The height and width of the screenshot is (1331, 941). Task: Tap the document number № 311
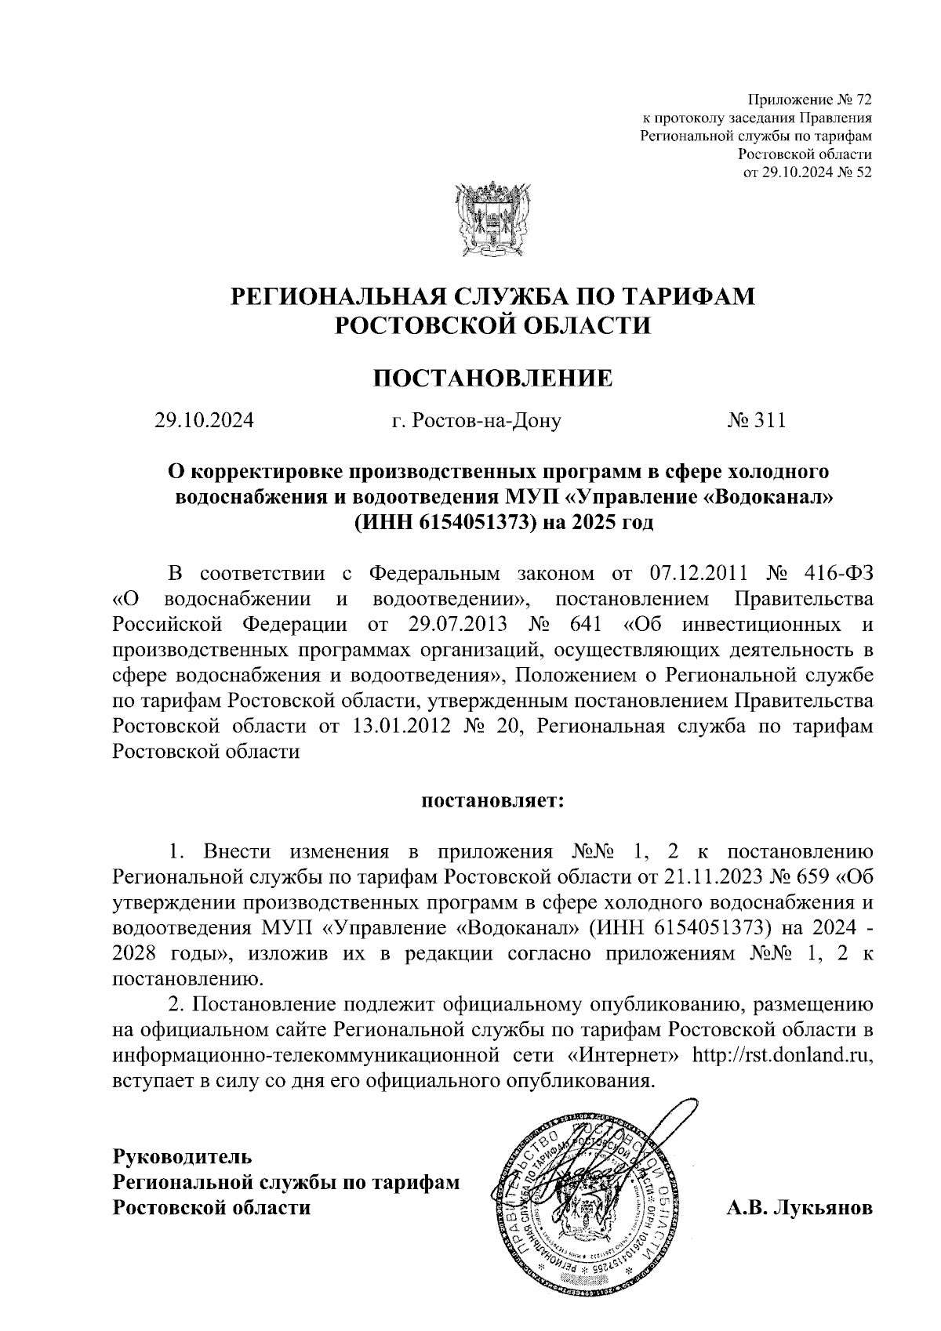pyautogui.click(x=756, y=421)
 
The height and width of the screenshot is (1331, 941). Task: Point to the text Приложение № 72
pyautogui.click(x=810, y=100)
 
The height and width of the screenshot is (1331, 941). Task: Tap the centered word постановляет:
pyautogui.click(x=492, y=801)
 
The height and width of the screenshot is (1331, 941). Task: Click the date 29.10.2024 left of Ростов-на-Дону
pyautogui.click(x=204, y=422)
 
